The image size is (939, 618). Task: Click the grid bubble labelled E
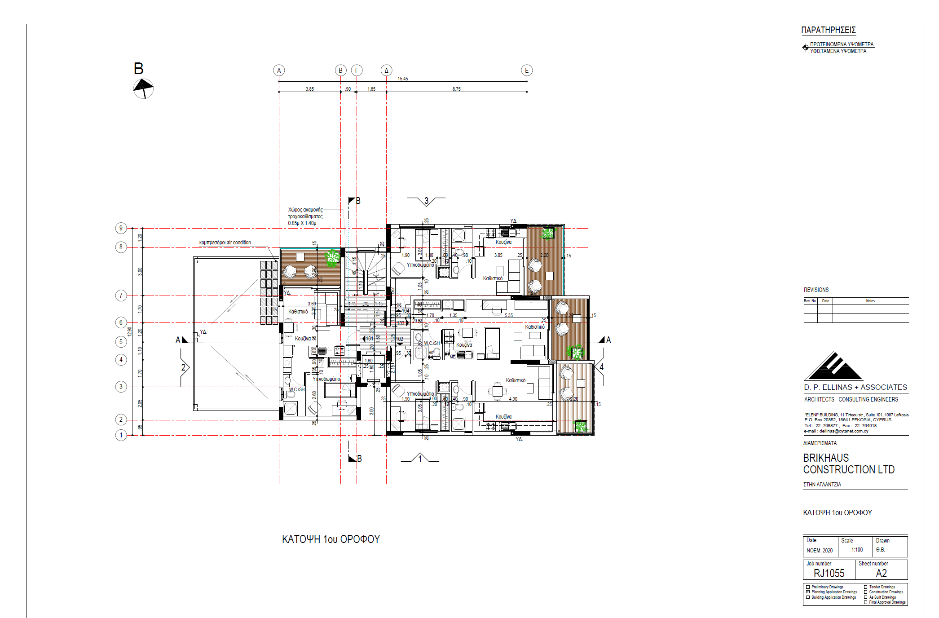527,71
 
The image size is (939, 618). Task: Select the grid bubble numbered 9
121,228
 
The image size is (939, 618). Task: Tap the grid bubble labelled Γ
357,71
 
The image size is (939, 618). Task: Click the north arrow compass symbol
143,88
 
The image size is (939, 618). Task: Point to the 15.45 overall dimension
403,79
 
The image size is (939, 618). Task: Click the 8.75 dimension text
456,89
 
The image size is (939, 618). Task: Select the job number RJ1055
829,573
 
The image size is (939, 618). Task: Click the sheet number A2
881,573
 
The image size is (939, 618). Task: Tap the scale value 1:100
857,550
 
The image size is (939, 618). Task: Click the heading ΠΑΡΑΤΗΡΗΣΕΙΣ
829,31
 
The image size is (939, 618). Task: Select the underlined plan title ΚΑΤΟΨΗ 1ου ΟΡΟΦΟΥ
331,539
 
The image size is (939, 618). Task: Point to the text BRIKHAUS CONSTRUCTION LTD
848,463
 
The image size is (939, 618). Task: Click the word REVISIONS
816,290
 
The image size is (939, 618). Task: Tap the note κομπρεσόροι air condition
225,243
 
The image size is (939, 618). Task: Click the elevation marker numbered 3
426,201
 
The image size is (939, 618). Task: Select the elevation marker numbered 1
420,459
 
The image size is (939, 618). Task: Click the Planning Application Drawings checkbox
808,592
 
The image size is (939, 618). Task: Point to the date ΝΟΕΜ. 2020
820,551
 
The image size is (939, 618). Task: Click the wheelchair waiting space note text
305,216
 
